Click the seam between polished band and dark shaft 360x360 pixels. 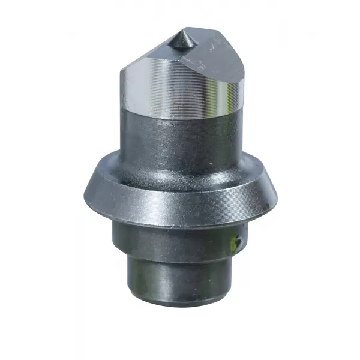(180, 114)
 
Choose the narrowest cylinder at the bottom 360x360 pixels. (180, 276)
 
